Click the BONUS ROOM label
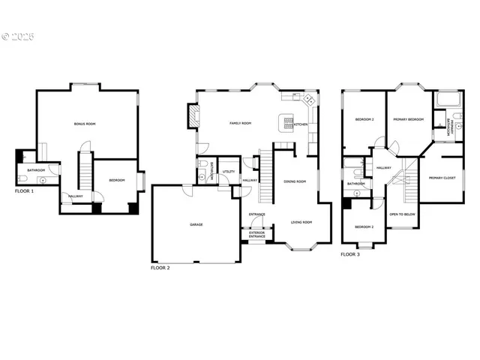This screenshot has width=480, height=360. (x=85, y=123)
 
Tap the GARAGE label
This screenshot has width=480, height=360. (x=196, y=224)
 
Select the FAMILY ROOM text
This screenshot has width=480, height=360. (x=240, y=123)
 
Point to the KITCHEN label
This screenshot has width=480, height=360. (x=301, y=124)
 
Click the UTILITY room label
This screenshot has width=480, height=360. (x=228, y=172)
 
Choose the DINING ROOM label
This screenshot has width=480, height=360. (x=295, y=181)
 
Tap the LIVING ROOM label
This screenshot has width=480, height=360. (x=301, y=223)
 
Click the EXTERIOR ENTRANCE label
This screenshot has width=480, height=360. (x=257, y=235)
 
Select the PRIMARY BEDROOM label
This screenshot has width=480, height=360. (x=409, y=120)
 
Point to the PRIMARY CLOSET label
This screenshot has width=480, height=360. (x=442, y=178)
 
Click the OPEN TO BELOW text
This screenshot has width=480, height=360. (x=403, y=214)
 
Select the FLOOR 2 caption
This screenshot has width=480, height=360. (x=160, y=268)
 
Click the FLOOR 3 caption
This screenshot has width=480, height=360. (x=350, y=255)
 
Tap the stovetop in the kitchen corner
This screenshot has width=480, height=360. (x=307, y=99)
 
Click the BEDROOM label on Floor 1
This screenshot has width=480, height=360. (x=117, y=181)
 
